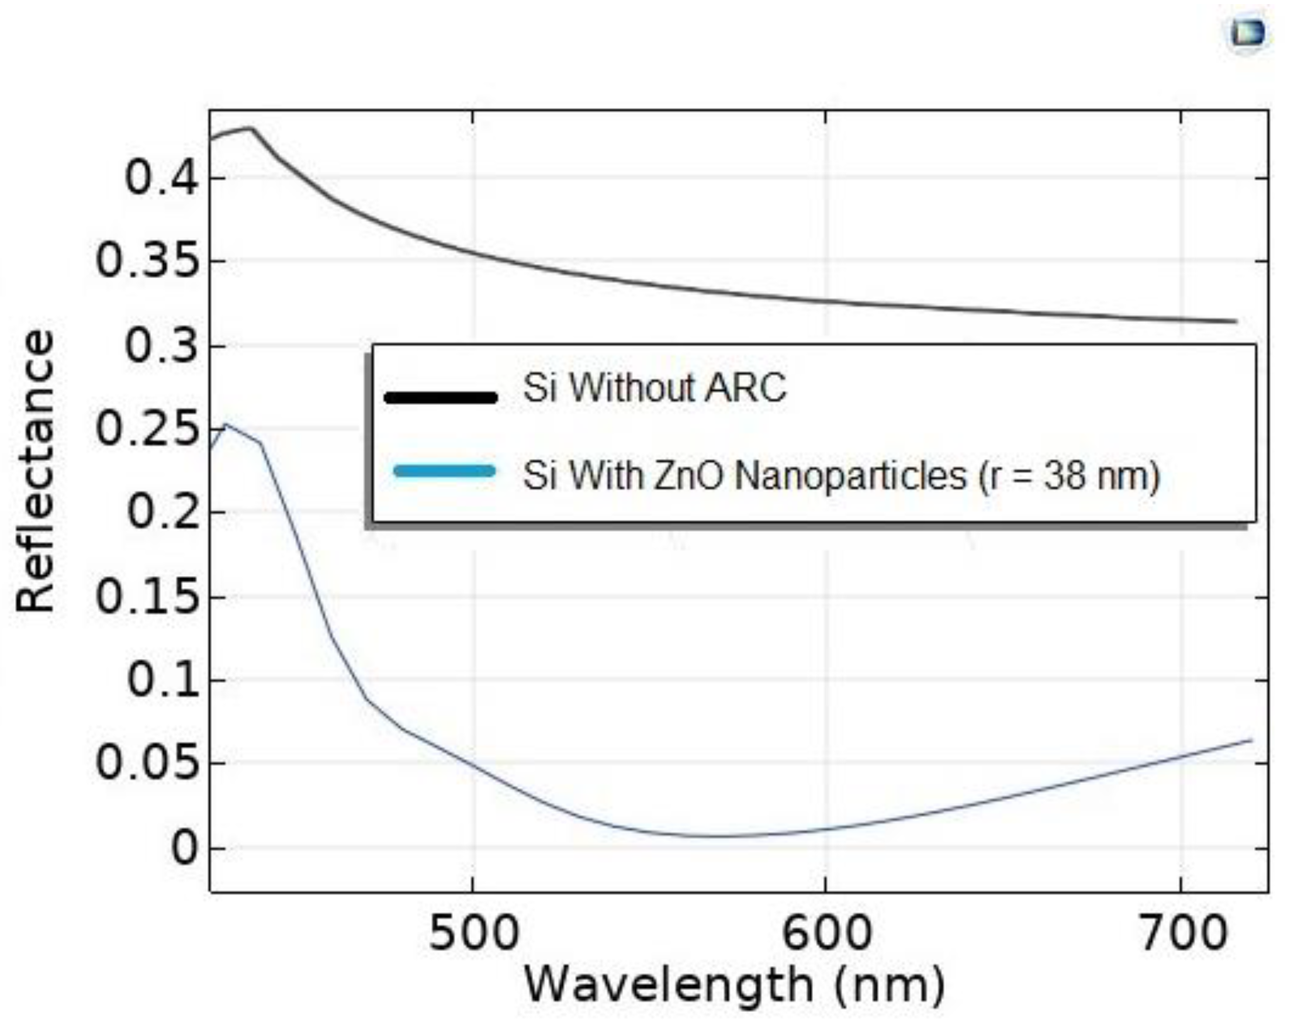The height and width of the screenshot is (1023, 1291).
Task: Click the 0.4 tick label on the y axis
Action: (x=161, y=178)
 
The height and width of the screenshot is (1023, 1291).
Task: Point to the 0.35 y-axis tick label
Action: (x=147, y=262)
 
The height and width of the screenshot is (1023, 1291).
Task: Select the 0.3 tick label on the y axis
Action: (x=161, y=346)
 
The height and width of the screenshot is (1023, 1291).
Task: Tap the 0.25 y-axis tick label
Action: (x=147, y=429)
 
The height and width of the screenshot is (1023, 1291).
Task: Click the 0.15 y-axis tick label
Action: (x=147, y=597)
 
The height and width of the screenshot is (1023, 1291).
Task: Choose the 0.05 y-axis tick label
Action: (x=147, y=763)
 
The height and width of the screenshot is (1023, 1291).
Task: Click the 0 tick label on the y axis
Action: (x=184, y=848)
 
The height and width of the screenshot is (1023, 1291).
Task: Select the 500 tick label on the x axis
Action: (x=473, y=934)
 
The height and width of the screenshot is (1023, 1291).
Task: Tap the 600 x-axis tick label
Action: (x=826, y=934)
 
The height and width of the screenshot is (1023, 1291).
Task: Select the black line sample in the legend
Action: (x=441, y=397)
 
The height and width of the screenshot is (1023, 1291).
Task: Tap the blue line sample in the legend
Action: (x=444, y=471)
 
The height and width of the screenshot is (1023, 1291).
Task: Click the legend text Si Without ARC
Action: (x=655, y=388)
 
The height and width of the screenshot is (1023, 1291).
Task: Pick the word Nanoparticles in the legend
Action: (x=850, y=477)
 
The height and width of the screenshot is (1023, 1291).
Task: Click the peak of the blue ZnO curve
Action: (x=225, y=424)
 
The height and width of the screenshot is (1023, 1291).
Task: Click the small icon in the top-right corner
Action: (x=1247, y=33)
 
